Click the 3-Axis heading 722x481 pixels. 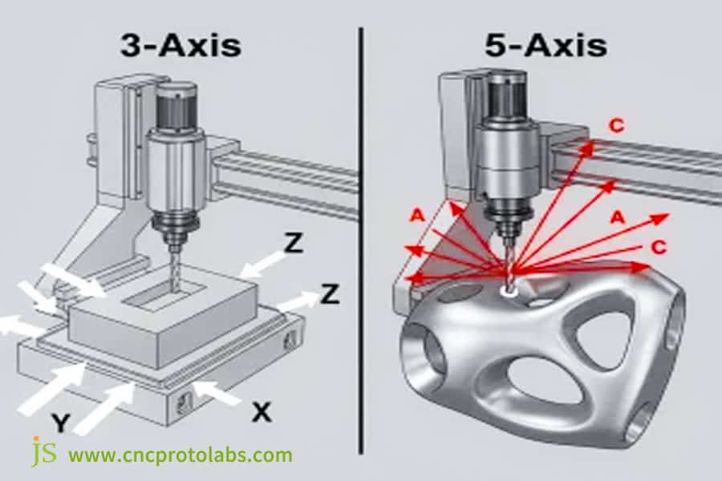[x=180, y=45]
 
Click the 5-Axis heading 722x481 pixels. [x=545, y=45]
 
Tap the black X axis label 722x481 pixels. [x=261, y=412]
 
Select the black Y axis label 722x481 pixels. [x=59, y=422]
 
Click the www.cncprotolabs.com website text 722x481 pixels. [x=180, y=455]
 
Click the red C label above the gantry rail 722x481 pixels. [x=616, y=126]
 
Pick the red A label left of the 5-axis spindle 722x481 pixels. [x=416, y=215]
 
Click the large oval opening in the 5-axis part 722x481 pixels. [x=533, y=380]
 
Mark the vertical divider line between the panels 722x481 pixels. [x=360, y=240]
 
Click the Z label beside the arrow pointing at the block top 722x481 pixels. [x=294, y=245]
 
